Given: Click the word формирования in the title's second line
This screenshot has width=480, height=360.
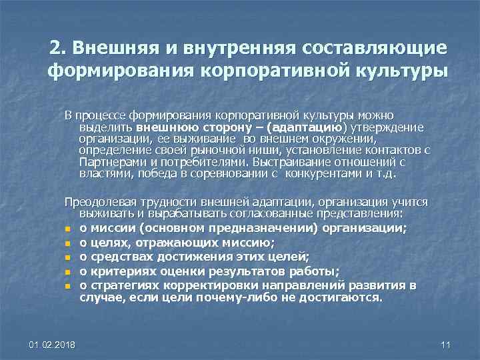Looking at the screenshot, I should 120,71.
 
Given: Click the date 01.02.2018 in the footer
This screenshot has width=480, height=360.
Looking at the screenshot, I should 52,344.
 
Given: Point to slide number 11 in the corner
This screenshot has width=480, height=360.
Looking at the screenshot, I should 446,344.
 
